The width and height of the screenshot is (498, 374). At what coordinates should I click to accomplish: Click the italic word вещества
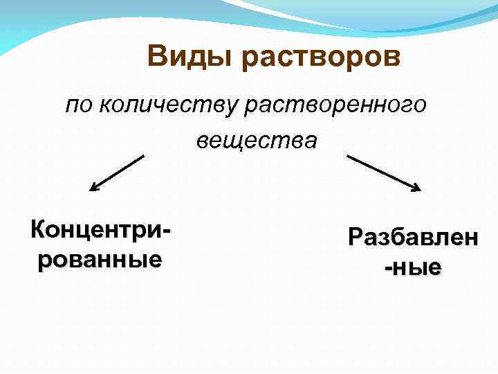pyautogui.click(x=257, y=141)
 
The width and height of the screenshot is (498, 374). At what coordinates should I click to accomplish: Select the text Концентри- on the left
pyautogui.click(x=100, y=229)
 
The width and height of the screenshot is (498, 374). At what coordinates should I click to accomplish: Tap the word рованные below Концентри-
pyautogui.click(x=100, y=259)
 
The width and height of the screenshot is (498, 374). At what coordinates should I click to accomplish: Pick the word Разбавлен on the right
pyautogui.click(x=412, y=238)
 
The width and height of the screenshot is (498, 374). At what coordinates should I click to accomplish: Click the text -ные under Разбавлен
pyautogui.click(x=413, y=267)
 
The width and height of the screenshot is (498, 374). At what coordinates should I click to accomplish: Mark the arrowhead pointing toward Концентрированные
pyautogui.click(x=94, y=187)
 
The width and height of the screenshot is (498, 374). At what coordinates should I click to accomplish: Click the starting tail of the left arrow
pyautogui.click(x=143, y=157)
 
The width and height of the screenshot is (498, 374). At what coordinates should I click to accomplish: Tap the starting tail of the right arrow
pyautogui.click(x=348, y=157)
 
